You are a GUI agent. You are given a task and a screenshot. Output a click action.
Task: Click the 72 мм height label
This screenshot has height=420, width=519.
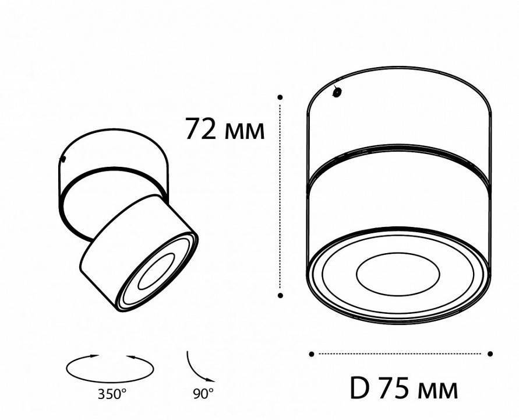225,129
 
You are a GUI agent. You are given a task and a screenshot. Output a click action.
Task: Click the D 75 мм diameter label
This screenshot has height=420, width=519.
404,388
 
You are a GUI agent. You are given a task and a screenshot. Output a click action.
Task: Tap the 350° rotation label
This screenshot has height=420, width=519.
111,394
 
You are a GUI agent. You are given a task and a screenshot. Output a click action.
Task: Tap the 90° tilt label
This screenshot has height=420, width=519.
203,394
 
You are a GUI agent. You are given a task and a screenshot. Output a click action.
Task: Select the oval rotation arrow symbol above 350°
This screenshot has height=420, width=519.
111,366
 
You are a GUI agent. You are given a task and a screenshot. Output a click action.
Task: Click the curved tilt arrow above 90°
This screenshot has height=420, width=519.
197,365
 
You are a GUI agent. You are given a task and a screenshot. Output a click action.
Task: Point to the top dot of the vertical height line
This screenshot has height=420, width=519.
280,97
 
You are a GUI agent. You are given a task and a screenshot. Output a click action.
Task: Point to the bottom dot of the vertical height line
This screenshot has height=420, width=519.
280,296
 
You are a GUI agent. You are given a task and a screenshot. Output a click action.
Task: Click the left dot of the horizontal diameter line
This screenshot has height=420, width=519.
312,353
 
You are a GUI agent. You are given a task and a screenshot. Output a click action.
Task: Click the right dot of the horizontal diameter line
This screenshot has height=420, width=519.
490,353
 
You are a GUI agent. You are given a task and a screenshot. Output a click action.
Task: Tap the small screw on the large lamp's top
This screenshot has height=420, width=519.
337,92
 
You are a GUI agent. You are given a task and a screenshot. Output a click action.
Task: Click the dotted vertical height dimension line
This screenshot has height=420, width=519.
281,198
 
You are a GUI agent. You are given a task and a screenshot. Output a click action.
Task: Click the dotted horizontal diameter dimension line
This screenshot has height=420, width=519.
401,353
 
